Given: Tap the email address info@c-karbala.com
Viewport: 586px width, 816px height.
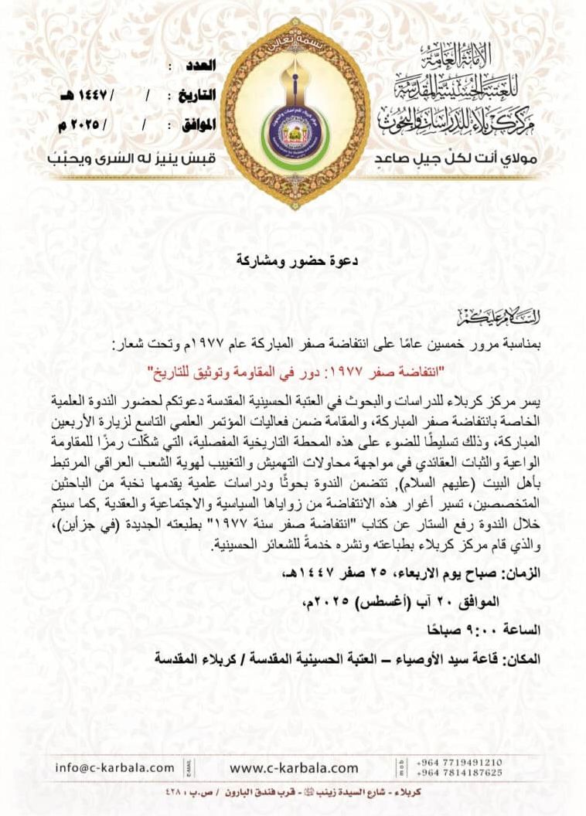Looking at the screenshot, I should coord(115,767).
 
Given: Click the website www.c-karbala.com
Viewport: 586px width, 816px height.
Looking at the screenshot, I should coord(294,767).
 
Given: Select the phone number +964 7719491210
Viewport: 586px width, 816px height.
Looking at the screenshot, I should coord(459,761).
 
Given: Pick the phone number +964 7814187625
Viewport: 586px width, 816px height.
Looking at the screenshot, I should coord(459,772).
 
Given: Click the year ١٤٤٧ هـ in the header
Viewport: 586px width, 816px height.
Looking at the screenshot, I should coord(80,96).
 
